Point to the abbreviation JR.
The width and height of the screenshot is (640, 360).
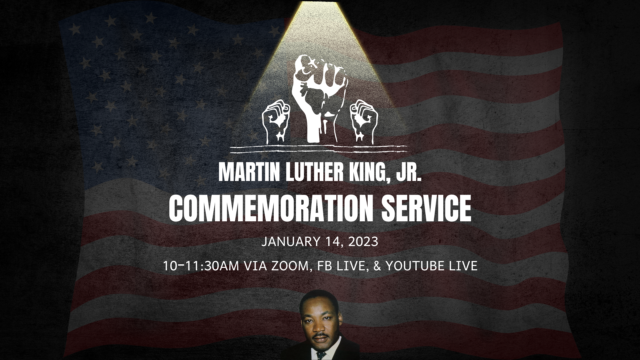point(408,172)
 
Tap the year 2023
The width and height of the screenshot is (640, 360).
point(363,241)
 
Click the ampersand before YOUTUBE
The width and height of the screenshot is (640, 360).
point(378,266)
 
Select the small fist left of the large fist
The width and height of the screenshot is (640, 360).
point(276,120)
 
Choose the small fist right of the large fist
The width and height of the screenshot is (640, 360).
point(364,120)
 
